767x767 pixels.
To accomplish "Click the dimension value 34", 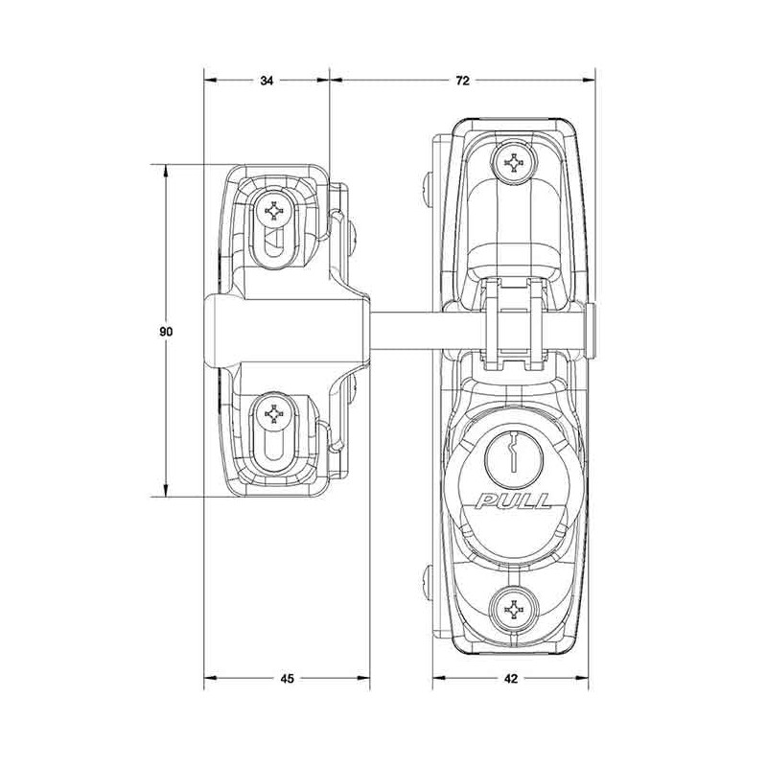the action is (x=267, y=81).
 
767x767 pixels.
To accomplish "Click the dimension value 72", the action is (x=462, y=81).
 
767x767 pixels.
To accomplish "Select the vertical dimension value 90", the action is (x=166, y=331).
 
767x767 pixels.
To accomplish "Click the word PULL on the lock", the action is (x=514, y=501).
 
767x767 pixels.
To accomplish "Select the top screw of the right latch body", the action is (x=513, y=163).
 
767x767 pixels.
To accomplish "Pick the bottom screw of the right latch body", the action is (x=513, y=610).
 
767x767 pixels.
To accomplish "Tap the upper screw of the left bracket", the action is (x=274, y=211).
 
